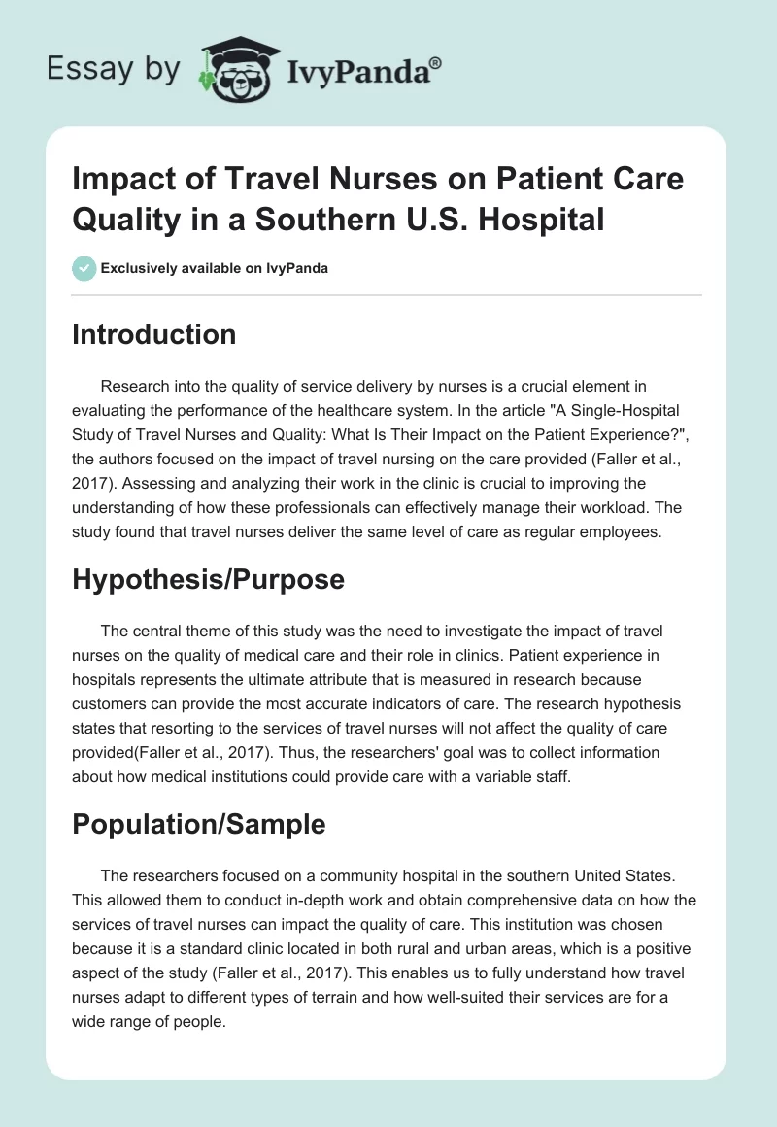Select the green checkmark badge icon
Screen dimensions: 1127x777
84,268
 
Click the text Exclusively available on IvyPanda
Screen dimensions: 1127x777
216,269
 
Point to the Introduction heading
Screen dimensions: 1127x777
154,334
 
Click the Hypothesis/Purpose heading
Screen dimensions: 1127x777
209,579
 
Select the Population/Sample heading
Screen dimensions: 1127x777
199,824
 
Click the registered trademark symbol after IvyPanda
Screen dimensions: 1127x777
436,62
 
